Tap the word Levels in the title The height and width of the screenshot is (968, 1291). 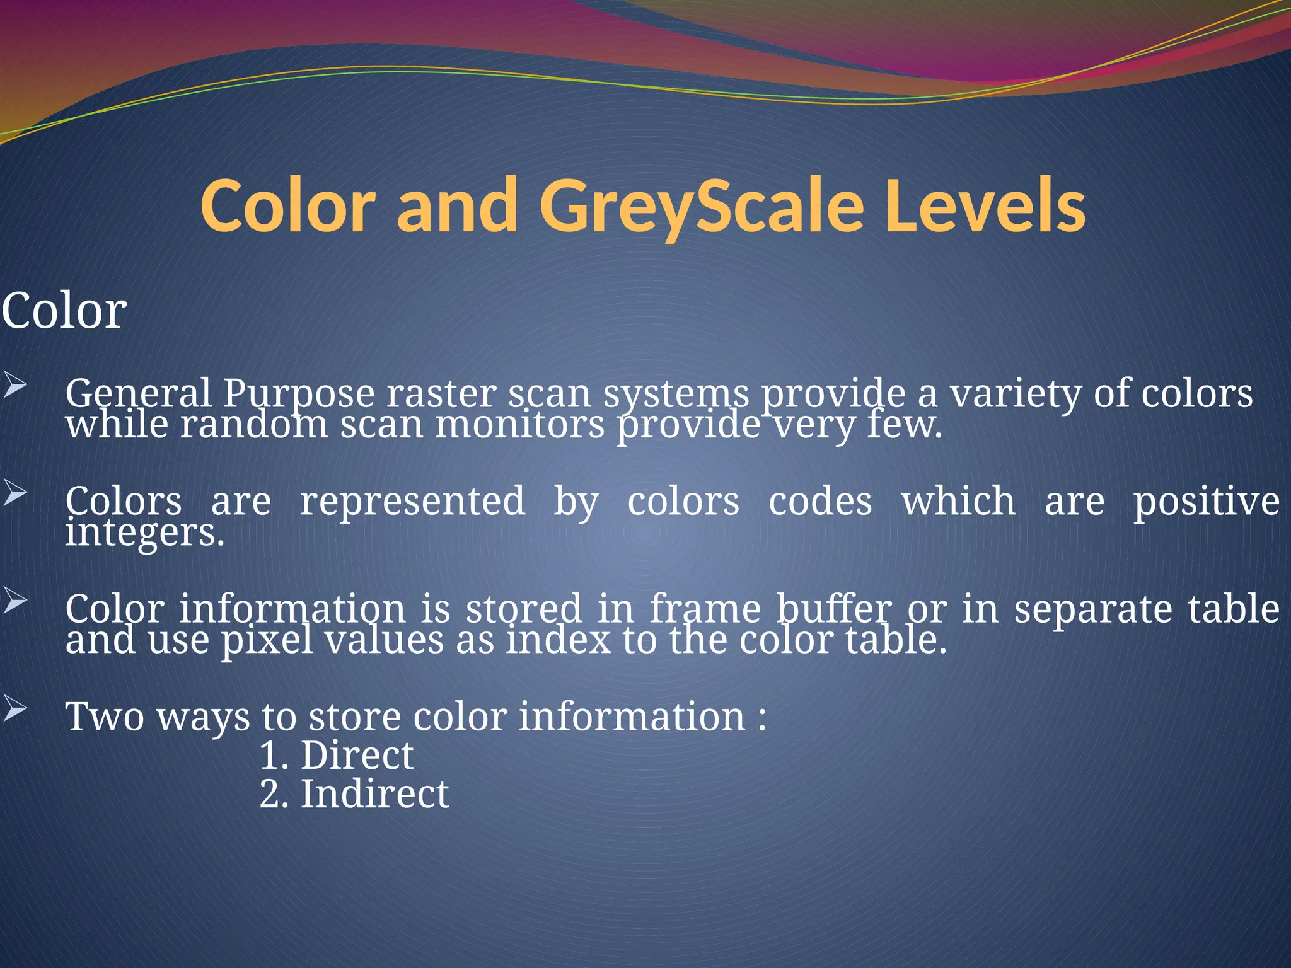pyautogui.click(x=985, y=207)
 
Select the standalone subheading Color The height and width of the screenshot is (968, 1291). pyautogui.click(x=64, y=311)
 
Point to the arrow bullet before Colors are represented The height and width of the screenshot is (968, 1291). pyautogui.click(x=14, y=493)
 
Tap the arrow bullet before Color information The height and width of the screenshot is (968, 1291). pyautogui.click(x=14, y=601)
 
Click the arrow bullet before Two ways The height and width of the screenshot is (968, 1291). pyautogui.click(x=14, y=708)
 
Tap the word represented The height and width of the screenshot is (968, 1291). pyautogui.click(x=412, y=501)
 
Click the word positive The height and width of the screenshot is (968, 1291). pyautogui.click(x=1206, y=502)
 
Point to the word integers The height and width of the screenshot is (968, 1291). pyautogui.click(x=144, y=533)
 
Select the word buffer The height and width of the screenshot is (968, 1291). pyautogui.click(x=833, y=609)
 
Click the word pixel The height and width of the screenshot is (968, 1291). pyautogui.click(x=267, y=640)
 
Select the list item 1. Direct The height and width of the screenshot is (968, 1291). pyautogui.click(x=337, y=755)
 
